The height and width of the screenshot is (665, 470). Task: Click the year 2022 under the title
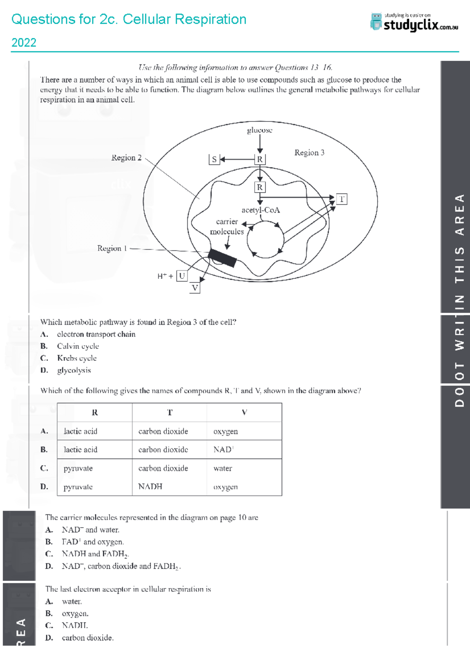click(24, 42)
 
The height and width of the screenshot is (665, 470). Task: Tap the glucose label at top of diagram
click(259, 130)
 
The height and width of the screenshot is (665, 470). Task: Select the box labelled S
click(214, 159)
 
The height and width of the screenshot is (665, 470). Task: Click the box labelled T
click(342, 199)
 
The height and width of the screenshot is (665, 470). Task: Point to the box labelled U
click(182, 276)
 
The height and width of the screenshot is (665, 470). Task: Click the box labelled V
click(195, 288)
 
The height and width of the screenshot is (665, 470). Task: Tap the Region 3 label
click(309, 153)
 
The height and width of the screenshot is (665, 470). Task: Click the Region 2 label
click(126, 158)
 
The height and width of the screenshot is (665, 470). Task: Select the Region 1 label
click(112, 248)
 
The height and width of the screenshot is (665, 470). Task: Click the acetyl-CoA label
click(260, 210)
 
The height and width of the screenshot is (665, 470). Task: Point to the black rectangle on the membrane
click(222, 258)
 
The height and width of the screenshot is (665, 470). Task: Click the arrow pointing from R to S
click(237, 159)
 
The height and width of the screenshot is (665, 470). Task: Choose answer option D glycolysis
click(74, 370)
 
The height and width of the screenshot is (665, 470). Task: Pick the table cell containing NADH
click(150, 487)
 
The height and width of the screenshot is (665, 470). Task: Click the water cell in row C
click(222, 468)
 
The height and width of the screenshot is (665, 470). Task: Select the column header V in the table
click(244, 412)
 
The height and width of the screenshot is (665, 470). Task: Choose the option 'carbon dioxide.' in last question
click(87, 638)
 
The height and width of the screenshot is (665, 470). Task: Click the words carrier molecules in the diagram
click(227, 227)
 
